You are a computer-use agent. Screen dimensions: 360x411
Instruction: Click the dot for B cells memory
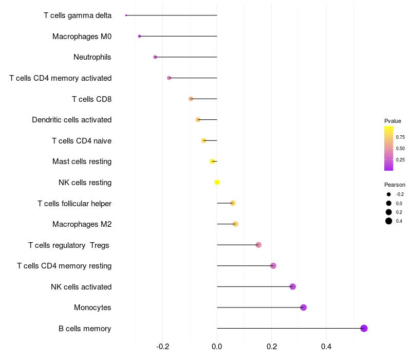[364, 328]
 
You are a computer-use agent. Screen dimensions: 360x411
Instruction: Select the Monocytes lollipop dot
[303, 308]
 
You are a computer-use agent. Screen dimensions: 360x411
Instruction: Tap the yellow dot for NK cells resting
[217, 182]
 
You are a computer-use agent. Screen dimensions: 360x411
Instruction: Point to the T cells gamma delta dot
[126, 15]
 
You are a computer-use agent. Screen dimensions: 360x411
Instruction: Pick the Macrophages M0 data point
[139, 36]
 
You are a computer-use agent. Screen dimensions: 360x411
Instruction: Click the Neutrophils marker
[155, 57]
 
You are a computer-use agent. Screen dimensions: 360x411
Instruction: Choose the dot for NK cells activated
[293, 286]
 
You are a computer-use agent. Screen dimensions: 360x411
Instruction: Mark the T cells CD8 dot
[191, 99]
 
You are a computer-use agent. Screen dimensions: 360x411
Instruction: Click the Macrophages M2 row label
[82, 224]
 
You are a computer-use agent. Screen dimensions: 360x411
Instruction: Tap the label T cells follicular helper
[74, 203]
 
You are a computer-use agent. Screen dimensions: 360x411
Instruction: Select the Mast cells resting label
[82, 161]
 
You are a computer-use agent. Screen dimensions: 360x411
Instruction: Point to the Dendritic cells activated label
[71, 120]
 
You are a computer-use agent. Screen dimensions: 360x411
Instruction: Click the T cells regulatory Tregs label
[69, 245]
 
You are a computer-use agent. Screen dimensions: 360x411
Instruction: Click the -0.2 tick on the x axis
[163, 347]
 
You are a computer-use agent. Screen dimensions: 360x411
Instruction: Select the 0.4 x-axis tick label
[326, 347]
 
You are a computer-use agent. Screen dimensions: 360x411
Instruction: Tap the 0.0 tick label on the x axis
[217, 347]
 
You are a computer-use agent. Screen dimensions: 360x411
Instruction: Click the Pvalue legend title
[393, 121]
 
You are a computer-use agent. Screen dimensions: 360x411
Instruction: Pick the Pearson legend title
[395, 185]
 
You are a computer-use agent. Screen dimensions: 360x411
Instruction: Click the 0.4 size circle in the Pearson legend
[389, 221]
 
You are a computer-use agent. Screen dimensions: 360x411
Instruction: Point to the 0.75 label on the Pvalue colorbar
[400, 137]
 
